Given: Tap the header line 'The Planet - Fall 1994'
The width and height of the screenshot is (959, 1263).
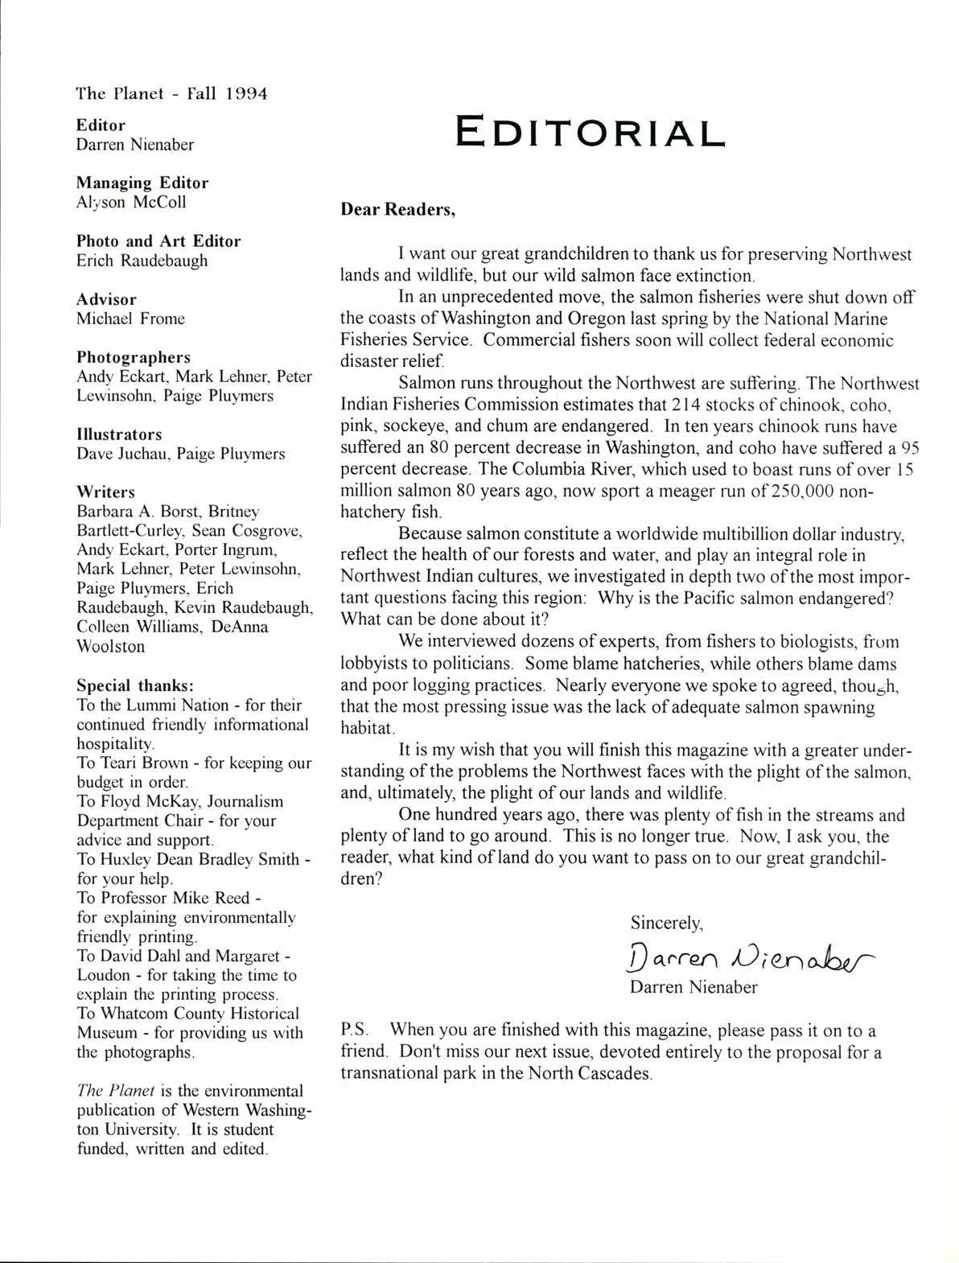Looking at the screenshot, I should pyautogui.click(x=171, y=93).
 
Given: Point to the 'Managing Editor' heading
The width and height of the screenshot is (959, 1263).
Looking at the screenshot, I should pyautogui.click(x=142, y=183).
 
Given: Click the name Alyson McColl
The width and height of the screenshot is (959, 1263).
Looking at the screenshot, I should pyautogui.click(x=131, y=203).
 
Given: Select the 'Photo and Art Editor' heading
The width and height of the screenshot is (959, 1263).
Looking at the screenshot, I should pyautogui.click(x=158, y=241).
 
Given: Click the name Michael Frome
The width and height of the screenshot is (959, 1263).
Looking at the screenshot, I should pyautogui.click(x=130, y=319).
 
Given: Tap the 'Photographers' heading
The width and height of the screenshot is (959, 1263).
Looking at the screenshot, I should pyautogui.click(x=134, y=357).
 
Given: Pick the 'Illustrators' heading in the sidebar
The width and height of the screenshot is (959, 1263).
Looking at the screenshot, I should pyautogui.click(x=119, y=434).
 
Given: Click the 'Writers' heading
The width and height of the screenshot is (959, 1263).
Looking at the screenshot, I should pyautogui.click(x=105, y=492).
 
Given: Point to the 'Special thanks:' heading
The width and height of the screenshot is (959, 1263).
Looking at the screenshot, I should pyautogui.click(x=134, y=686).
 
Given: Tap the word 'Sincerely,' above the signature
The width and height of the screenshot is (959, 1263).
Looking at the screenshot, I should pyautogui.click(x=667, y=922).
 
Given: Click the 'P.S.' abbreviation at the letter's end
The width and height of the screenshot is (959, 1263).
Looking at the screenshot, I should pyautogui.click(x=355, y=1031).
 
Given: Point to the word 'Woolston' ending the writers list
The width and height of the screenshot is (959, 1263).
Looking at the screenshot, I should pyautogui.click(x=111, y=646).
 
